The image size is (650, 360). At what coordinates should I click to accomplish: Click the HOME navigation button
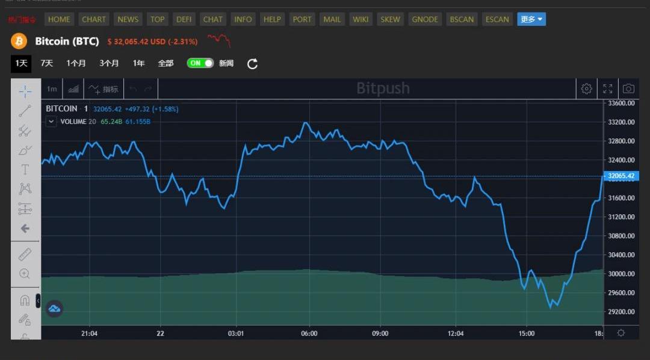pos(59,19)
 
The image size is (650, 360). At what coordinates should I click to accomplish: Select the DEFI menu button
pos(184,19)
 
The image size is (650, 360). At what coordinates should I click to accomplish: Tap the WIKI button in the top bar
pos(361,19)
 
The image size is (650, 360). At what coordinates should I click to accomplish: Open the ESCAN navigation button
pos(497,19)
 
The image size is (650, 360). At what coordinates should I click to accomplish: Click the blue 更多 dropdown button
pos(531,19)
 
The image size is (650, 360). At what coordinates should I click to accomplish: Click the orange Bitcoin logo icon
pos(19,42)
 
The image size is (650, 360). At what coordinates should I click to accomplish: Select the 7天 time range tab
pos(47,63)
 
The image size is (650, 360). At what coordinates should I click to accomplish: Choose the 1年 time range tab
pos(139,63)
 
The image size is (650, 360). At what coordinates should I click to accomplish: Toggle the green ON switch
pos(200,63)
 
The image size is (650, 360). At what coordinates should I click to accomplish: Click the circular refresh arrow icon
pos(253,64)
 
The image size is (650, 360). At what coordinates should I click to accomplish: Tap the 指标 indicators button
pos(104,89)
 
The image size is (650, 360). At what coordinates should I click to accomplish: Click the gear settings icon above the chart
pos(586,89)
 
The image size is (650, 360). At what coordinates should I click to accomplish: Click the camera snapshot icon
pos(628,89)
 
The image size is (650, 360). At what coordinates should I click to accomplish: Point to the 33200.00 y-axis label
pos(622,122)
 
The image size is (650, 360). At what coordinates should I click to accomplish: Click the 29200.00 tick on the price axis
pos(622,312)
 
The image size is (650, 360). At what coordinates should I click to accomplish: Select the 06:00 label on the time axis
pos(309,334)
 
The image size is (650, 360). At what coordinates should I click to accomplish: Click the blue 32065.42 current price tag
pos(621,176)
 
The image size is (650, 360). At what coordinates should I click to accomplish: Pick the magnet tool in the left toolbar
pos(25,300)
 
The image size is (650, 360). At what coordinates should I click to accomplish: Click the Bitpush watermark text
pos(383,88)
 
